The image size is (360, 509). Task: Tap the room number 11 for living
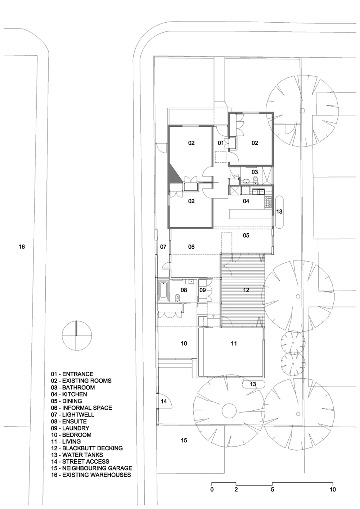(x=234, y=343)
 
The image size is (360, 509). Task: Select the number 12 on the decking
(x=246, y=290)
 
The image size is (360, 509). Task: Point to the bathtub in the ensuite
(x=163, y=290)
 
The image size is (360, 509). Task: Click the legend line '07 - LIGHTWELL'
(x=72, y=415)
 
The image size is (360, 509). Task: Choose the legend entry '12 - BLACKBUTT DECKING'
(x=87, y=448)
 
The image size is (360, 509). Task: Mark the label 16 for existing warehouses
(x=22, y=247)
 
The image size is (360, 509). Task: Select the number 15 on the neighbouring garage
(x=184, y=440)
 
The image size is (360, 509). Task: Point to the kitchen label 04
(x=246, y=201)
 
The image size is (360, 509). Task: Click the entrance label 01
(x=221, y=143)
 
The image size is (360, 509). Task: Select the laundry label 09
(x=202, y=290)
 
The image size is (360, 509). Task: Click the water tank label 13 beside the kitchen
(x=279, y=212)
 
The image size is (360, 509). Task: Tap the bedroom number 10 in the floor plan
(x=184, y=343)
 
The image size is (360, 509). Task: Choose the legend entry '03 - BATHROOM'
(x=73, y=388)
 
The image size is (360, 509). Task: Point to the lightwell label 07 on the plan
(x=163, y=247)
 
